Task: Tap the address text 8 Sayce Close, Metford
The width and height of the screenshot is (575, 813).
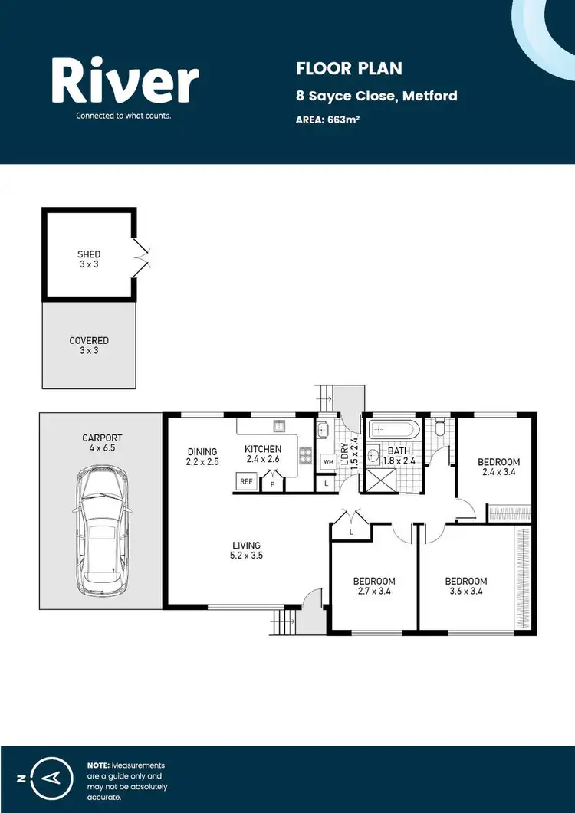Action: (x=376, y=96)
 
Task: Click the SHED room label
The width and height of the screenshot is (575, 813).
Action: (x=89, y=259)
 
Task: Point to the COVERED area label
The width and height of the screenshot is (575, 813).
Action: (x=89, y=345)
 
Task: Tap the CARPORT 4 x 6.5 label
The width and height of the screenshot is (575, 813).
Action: (x=102, y=443)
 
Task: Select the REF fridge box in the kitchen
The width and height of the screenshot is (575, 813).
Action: (x=246, y=481)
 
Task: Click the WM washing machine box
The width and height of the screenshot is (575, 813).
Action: (x=328, y=461)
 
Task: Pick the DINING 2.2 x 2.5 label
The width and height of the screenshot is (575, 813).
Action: (x=202, y=457)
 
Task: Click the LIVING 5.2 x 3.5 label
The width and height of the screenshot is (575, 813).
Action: (x=248, y=551)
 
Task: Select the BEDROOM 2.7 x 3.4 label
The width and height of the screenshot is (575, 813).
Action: (x=374, y=585)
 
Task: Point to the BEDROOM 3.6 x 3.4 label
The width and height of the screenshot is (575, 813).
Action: (x=466, y=585)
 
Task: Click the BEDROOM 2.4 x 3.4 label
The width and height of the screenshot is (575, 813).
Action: (x=498, y=467)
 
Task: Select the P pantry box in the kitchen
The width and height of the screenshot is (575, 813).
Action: (x=272, y=484)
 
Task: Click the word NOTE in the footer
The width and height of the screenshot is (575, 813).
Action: (x=97, y=765)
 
